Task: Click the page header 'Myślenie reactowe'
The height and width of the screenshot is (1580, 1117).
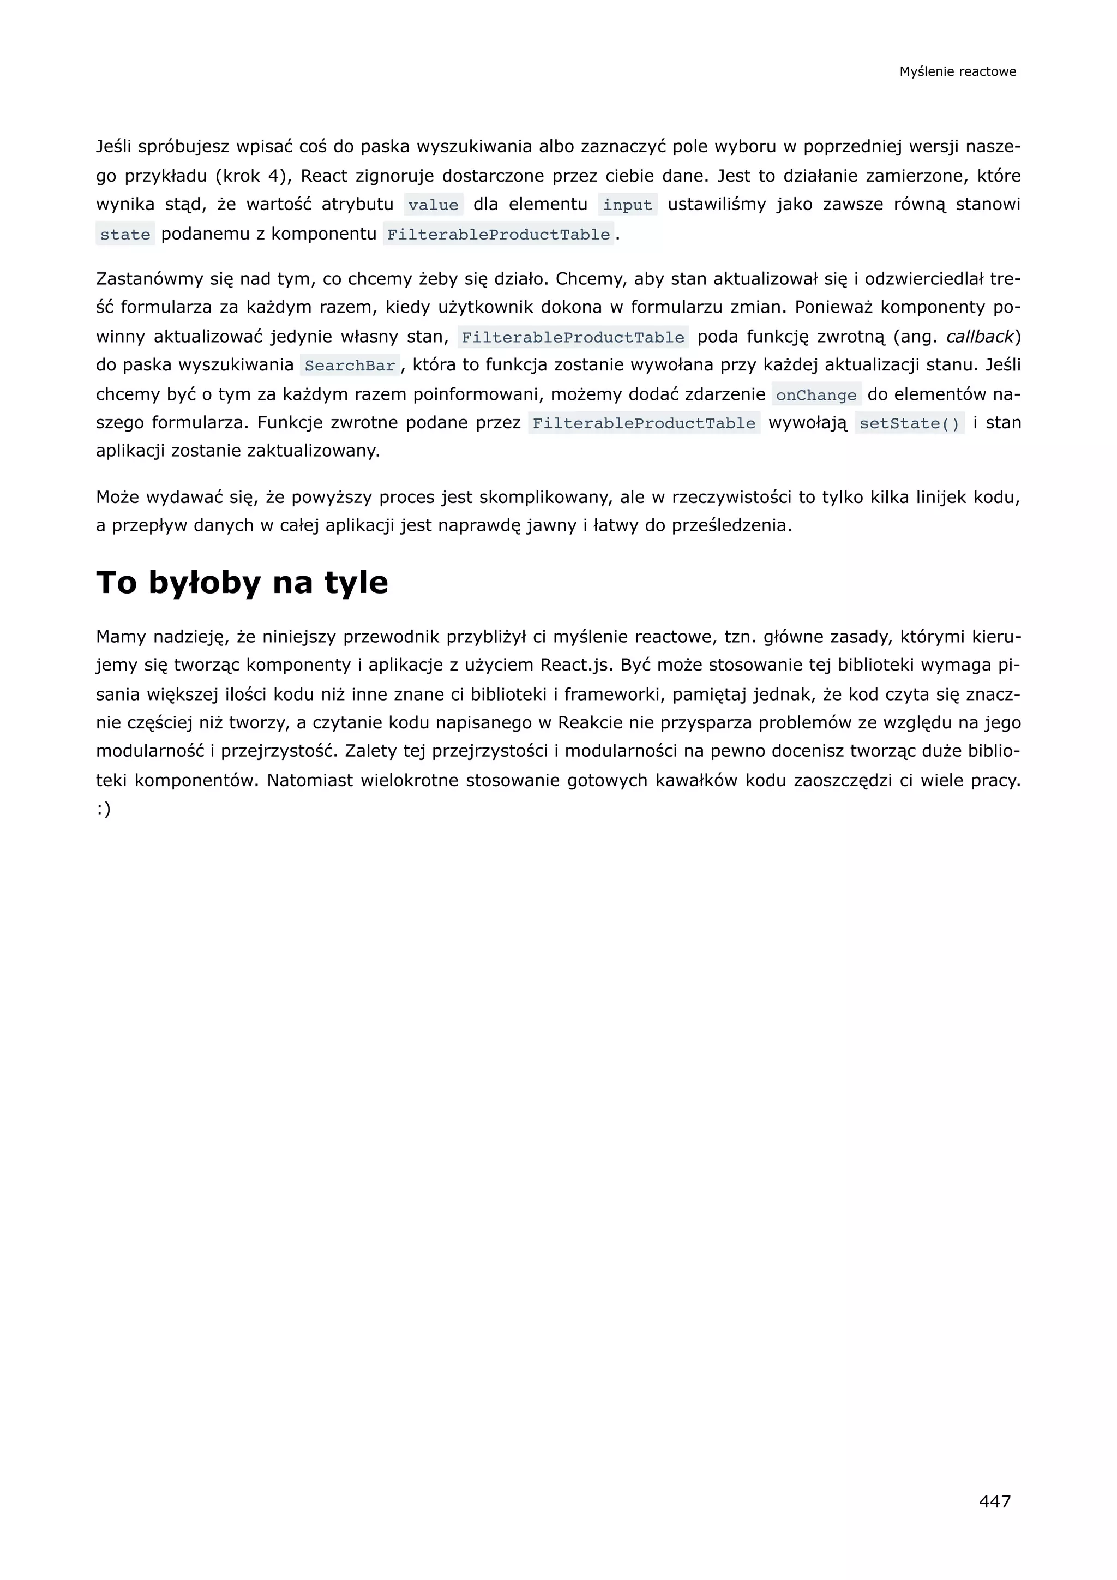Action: tap(957, 71)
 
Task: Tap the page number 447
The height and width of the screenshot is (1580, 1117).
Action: tap(995, 1501)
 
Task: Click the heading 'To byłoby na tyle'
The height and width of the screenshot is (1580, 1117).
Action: tap(242, 582)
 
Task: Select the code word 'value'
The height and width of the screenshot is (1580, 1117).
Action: tap(433, 205)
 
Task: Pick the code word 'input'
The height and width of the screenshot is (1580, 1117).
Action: tap(627, 205)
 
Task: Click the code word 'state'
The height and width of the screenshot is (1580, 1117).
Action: tap(125, 235)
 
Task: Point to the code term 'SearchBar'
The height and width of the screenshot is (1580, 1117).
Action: tap(350, 366)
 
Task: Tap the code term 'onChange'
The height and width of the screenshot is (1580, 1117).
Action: tap(816, 395)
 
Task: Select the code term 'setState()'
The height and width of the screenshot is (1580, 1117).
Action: tap(909, 423)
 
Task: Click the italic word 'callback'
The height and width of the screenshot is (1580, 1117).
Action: tap(980, 337)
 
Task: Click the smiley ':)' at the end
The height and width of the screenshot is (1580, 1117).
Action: tap(103, 809)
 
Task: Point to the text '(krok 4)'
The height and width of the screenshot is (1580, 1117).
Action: tap(250, 176)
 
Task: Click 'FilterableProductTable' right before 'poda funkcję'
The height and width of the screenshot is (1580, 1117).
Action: tap(573, 337)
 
